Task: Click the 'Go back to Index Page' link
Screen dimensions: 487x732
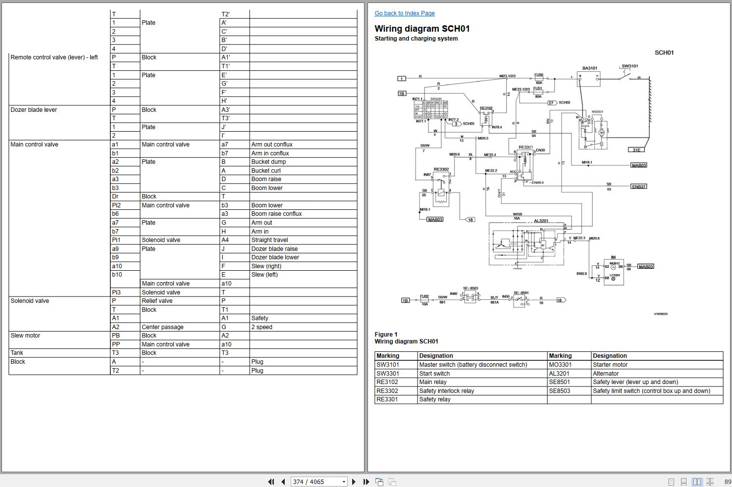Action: coord(405,13)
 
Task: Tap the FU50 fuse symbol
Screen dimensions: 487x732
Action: coord(539,79)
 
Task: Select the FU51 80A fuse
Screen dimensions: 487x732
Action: coord(538,92)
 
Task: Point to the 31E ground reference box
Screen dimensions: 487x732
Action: coord(636,149)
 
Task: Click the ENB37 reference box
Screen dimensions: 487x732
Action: coord(638,187)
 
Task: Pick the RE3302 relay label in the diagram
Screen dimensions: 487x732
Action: coord(441,169)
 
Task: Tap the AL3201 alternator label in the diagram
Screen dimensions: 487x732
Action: coord(541,221)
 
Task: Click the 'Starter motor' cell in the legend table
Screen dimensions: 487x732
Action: coord(610,365)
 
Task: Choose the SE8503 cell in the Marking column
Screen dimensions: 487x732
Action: coord(559,391)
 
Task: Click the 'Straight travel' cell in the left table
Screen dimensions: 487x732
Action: coord(269,240)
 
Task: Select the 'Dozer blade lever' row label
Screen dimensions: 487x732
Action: coord(34,110)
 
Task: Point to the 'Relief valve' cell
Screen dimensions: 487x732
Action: coord(157,301)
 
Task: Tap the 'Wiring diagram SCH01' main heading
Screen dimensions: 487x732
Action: coord(422,29)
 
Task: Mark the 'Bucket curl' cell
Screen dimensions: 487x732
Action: coord(266,171)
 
